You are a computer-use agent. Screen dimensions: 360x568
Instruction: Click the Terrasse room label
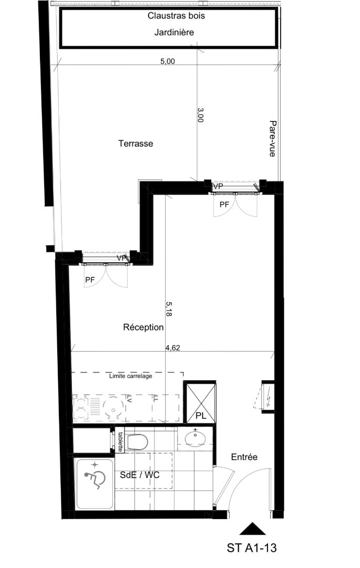[136, 144]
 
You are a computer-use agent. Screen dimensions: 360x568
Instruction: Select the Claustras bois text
[176, 16]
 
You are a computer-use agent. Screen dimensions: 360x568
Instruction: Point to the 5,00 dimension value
[168, 62]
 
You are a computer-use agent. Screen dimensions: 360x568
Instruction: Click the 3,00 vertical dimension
[200, 115]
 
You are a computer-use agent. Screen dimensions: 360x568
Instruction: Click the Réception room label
[143, 328]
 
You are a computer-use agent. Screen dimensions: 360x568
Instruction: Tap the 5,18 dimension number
[169, 309]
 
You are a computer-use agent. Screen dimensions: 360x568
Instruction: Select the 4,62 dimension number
[172, 348]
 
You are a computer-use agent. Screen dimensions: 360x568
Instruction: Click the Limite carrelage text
[131, 376]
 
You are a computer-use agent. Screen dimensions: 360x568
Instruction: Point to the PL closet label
[201, 416]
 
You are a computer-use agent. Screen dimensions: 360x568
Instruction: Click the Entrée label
[244, 457]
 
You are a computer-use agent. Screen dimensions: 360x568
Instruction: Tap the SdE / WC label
[140, 475]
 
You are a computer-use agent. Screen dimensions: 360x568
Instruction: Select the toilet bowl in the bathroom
[137, 442]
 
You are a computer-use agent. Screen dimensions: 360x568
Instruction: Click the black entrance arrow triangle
[253, 529]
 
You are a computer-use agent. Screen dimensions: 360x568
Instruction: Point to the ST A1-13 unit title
[252, 547]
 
